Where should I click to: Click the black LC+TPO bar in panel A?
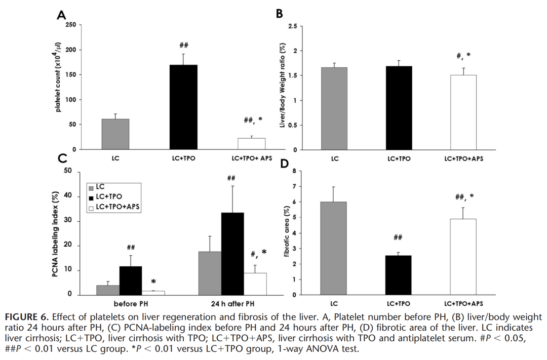pos(183,107)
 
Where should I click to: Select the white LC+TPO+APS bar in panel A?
pos(252,144)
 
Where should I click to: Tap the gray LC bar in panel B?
pos(334,108)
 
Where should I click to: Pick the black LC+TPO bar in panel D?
pos(398,275)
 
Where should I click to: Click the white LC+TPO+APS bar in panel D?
pos(463,257)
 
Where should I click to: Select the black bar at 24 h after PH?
pos(232,254)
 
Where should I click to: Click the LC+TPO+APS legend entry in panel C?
pos(114,207)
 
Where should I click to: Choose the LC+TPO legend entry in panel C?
pos(106,197)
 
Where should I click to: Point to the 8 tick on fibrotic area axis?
pos(294,171)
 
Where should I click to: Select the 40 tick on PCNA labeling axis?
pos(68,196)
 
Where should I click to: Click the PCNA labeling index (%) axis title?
pos(55,234)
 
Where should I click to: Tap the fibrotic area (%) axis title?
pos(287,231)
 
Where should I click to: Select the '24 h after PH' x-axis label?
pos(232,304)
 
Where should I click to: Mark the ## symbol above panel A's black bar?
pos(184,45)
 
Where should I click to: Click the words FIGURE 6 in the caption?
pos(26,317)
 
